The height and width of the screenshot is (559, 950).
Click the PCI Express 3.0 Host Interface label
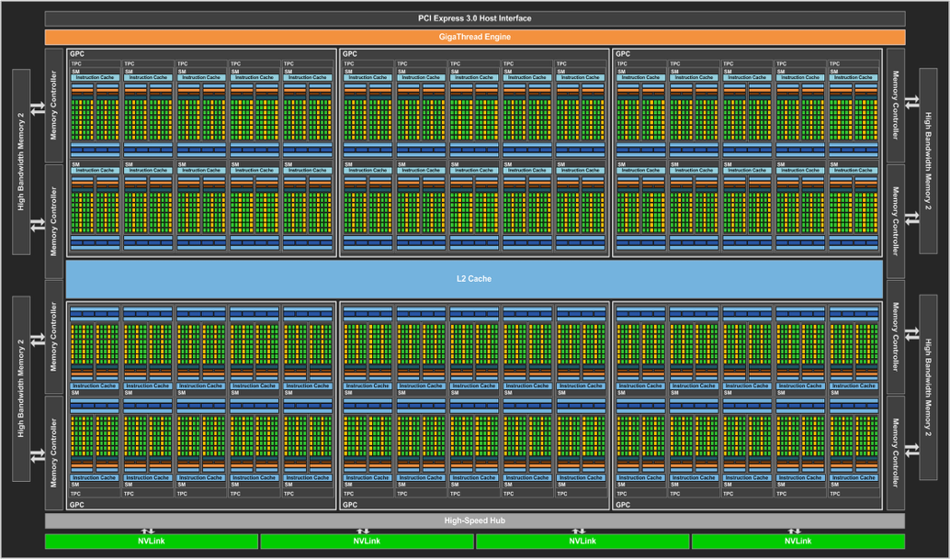point(475,18)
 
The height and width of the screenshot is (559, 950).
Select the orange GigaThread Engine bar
point(475,37)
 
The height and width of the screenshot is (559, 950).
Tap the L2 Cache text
point(474,278)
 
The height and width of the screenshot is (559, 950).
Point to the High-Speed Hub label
point(475,520)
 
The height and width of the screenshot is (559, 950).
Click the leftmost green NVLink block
point(151,542)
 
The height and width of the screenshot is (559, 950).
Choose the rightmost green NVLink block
point(797,542)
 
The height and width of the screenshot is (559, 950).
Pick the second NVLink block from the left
point(367,542)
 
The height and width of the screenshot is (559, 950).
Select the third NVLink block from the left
point(582,542)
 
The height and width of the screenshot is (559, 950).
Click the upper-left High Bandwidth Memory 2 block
point(21,162)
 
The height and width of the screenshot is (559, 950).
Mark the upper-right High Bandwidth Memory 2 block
point(928,162)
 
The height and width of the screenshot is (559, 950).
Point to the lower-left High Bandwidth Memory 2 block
point(21,389)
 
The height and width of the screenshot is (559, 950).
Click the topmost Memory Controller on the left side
point(53,106)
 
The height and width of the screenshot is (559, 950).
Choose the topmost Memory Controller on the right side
point(896,106)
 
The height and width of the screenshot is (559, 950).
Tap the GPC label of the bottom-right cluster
point(624,505)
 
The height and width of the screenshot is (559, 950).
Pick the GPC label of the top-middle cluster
point(350,54)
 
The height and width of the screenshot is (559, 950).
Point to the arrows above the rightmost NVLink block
point(794,531)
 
